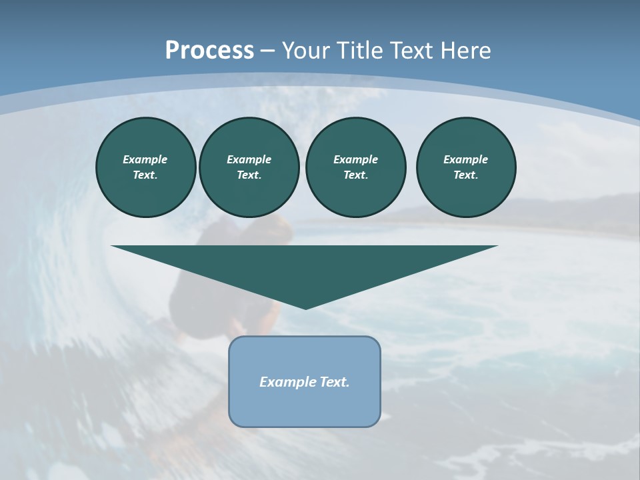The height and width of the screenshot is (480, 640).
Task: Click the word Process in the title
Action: (209, 51)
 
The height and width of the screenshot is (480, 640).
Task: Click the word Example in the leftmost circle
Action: (145, 159)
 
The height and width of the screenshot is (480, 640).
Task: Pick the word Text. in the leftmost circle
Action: (145, 175)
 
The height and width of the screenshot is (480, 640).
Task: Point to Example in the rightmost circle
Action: (466, 159)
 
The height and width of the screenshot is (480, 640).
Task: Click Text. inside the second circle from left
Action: (249, 175)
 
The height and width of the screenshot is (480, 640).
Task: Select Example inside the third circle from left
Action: (356, 159)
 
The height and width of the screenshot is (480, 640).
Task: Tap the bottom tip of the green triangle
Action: (305, 307)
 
